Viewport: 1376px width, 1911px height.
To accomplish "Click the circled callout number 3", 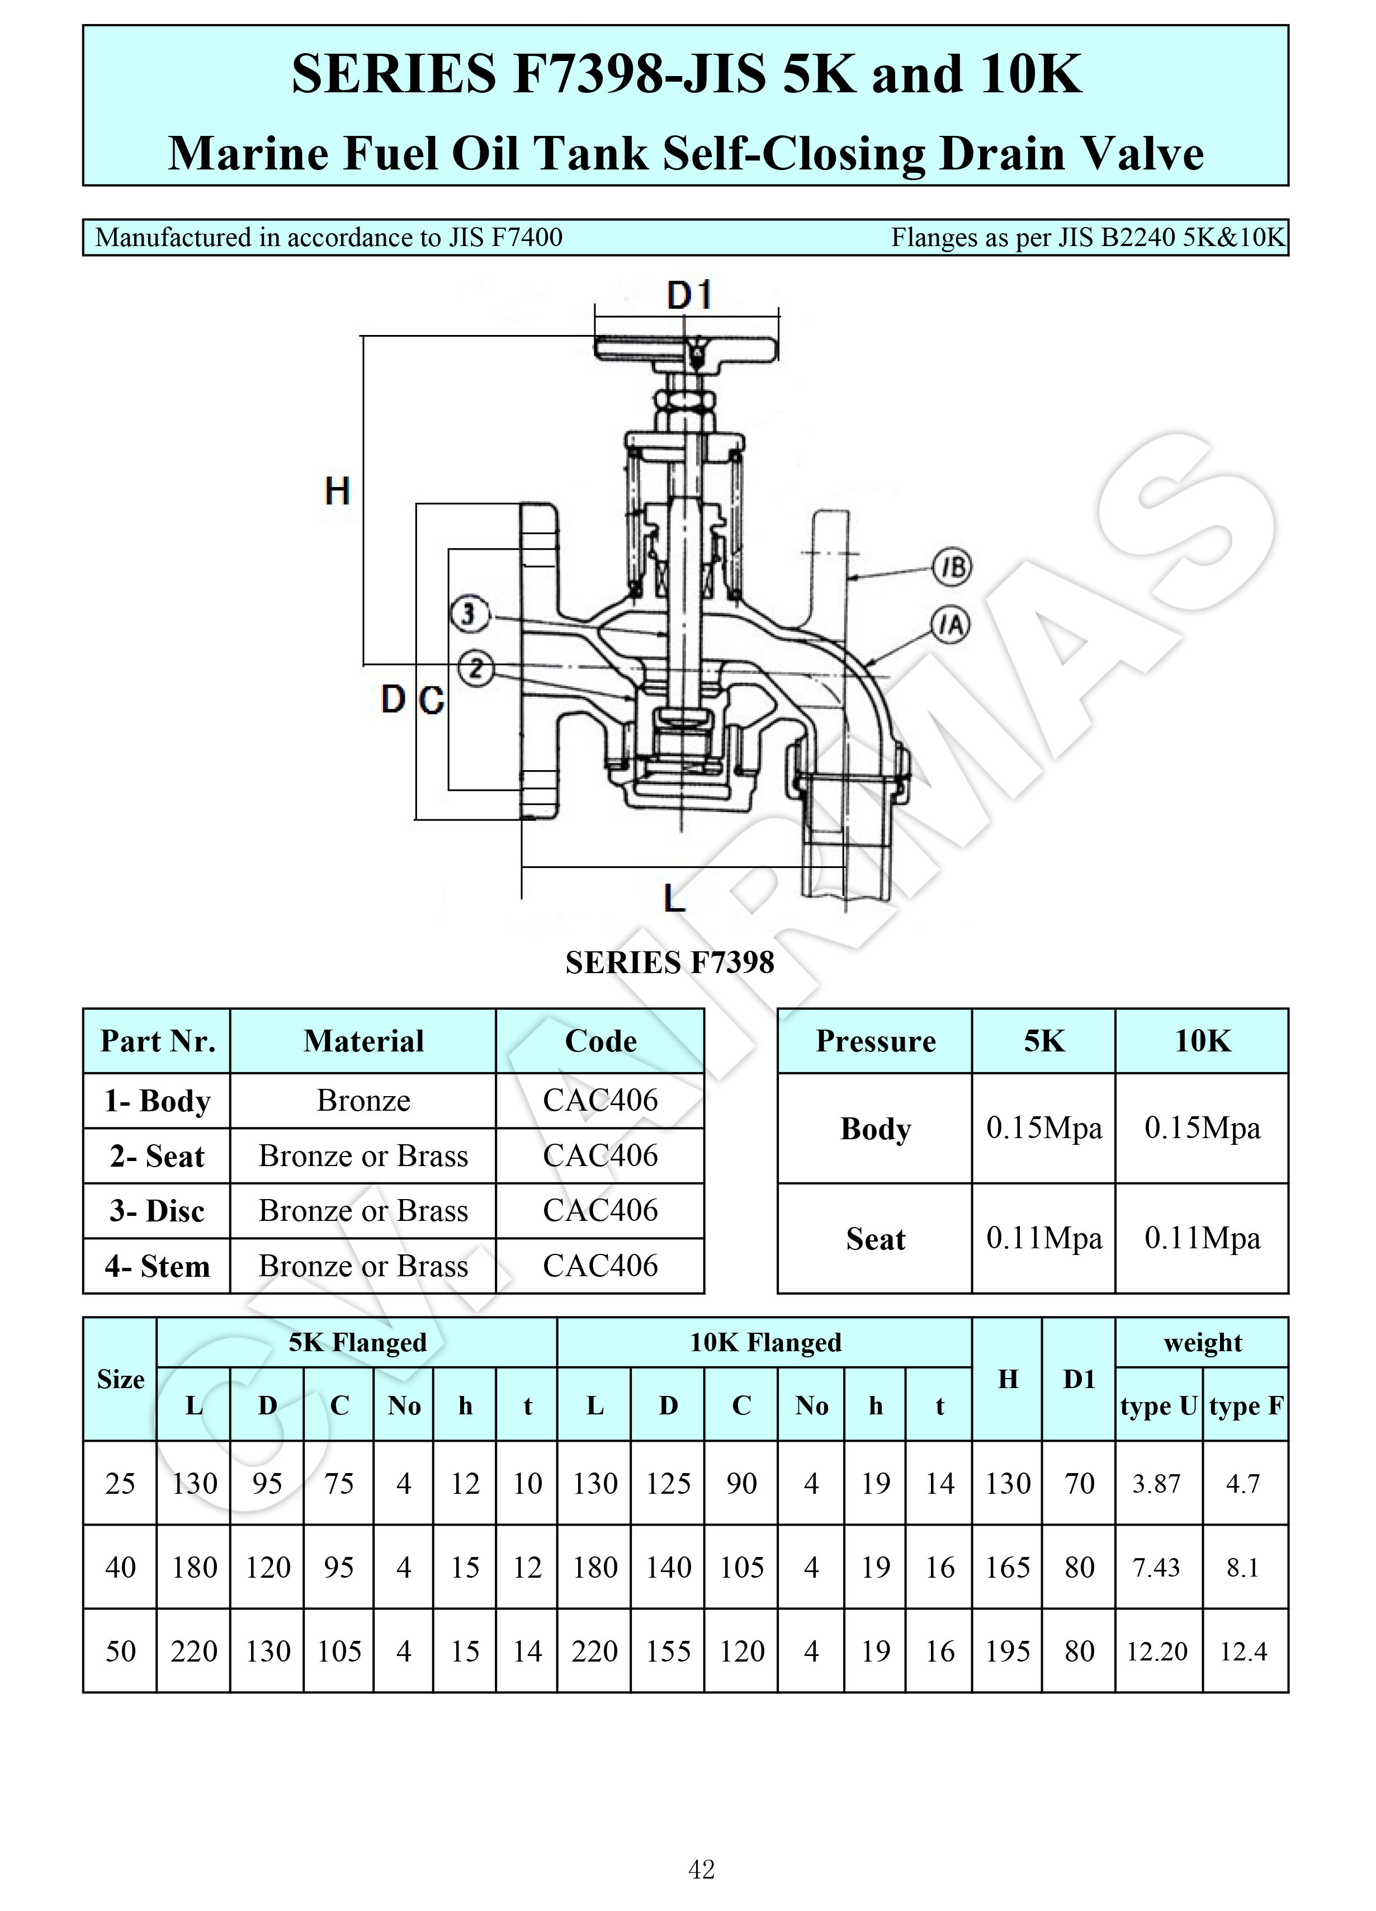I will tap(469, 614).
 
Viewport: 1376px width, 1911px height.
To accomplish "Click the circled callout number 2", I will tap(476, 669).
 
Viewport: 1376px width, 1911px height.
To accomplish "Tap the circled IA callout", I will tap(951, 625).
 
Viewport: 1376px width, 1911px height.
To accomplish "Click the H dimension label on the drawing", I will tap(337, 490).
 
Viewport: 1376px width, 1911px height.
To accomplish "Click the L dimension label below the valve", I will tap(674, 898).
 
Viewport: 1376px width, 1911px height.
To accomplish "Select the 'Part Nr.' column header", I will tap(158, 1041).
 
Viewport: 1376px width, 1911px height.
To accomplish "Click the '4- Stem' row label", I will tap(158, 1266).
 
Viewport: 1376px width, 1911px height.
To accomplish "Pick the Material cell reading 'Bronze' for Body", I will tap(363, 1101).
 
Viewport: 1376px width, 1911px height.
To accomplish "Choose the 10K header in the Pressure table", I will tap(1203, 1041).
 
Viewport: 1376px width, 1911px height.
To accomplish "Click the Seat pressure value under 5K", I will tap(1044, 1238).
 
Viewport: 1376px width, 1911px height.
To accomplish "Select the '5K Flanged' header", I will tap(357, 1342).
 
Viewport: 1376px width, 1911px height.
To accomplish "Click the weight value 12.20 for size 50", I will tap(1157, 1652).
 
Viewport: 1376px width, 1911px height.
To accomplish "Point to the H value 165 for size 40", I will tap(1008, 1567).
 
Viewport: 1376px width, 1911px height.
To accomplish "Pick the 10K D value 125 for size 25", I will tap(668, 1483).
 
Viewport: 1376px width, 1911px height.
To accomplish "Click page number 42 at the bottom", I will tap(701, 1869).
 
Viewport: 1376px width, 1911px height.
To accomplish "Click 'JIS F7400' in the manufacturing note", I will tap(505, 238).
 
